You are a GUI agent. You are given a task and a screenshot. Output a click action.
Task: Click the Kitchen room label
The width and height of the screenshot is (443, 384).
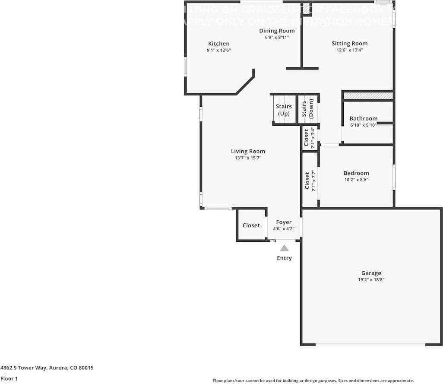218,44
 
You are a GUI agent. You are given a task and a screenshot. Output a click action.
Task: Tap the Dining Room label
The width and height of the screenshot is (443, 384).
277,31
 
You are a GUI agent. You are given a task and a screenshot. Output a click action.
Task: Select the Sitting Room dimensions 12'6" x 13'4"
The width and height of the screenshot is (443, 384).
349,50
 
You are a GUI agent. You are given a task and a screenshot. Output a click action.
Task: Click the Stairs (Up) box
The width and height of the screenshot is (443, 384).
284,110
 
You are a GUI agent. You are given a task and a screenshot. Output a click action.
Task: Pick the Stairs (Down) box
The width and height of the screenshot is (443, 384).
307,109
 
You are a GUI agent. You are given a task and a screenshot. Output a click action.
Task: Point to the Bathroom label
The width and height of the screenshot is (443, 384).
363,118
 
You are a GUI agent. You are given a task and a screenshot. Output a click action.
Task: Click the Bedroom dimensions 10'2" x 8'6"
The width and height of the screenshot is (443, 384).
356,180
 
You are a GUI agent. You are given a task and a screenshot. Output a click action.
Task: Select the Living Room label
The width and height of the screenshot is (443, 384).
248,151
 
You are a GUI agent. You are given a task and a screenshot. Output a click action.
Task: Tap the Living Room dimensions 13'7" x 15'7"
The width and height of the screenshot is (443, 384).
248,158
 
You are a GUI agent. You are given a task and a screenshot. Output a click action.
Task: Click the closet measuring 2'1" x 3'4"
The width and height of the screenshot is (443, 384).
310,138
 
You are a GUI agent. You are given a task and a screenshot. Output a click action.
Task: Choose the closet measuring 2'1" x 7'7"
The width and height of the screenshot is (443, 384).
310,181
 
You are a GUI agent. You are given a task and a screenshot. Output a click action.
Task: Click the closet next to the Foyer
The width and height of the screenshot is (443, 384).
251,225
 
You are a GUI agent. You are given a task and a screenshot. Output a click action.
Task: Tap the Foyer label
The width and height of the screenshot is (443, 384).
284,222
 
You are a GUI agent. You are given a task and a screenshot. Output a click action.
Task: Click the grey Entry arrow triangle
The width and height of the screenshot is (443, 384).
284,248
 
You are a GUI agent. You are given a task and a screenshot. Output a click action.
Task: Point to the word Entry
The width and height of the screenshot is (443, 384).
284,258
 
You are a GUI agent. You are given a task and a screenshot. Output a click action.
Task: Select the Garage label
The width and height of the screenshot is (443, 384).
371,273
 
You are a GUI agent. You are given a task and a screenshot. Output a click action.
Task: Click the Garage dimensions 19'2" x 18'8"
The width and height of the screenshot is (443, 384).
371,280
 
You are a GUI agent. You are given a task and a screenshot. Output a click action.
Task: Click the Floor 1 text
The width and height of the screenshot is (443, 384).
9,378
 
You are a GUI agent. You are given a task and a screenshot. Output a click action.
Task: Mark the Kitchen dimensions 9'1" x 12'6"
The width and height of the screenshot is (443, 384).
218,51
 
